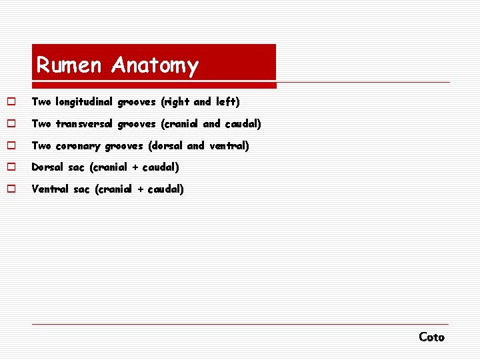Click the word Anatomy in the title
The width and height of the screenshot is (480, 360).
tap(155, 65)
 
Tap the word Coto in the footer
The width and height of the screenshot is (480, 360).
tap(431, 337)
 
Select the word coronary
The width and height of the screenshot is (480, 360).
tap(79, 145)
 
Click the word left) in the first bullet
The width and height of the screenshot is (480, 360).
tap(227, 102)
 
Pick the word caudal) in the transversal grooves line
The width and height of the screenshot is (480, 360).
tap(243, 124)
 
